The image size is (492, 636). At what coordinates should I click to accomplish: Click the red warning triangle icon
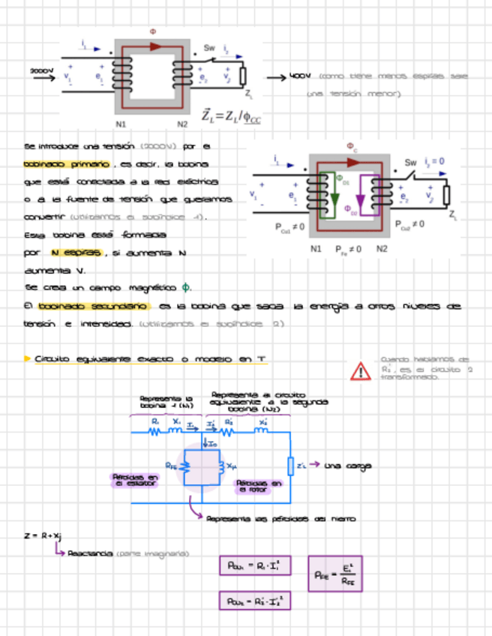point(361,370)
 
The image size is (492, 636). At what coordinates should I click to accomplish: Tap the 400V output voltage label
point(300,76)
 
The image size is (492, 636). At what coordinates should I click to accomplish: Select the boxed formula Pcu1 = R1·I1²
point(253,565)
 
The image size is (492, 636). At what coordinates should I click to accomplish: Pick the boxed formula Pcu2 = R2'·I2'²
point(253,601)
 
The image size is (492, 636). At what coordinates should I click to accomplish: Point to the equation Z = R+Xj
point(43,535)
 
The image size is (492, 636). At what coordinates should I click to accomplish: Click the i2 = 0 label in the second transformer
point(434,161)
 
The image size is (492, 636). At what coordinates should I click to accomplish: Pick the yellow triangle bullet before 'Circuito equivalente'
point(28,359)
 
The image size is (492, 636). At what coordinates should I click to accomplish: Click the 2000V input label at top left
point(41,71)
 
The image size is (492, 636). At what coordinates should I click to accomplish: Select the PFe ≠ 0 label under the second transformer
point(348,248)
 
